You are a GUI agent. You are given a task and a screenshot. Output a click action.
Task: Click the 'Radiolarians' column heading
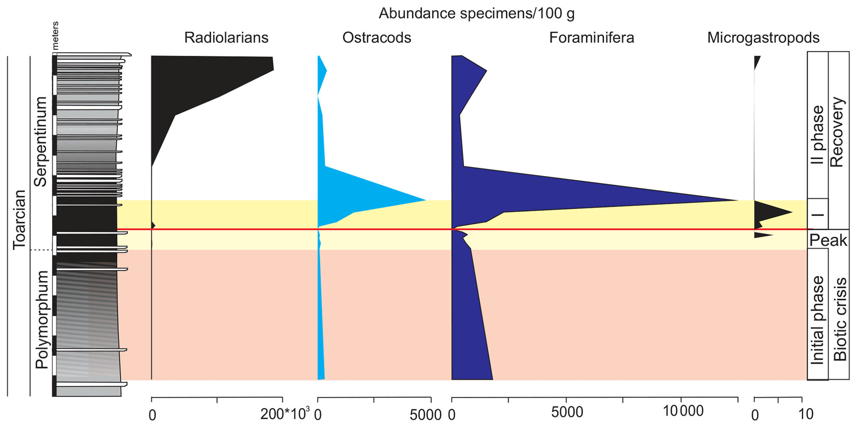click(226, 38)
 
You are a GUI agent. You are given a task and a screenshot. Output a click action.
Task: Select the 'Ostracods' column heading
click(376, 38)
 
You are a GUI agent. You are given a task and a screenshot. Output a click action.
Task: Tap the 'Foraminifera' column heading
click(592, 38)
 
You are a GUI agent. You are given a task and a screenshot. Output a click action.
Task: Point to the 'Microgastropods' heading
click(763, 38)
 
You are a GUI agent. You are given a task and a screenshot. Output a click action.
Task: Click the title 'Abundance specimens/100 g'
click(476, 14)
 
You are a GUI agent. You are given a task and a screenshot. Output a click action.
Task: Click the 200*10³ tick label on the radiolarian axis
click(285, 414)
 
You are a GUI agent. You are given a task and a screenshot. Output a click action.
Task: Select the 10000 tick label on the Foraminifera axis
click(683, 411)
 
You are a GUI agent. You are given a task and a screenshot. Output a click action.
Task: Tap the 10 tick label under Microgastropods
click(806, 414)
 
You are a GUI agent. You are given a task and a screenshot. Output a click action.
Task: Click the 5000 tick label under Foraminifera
click(567, 412)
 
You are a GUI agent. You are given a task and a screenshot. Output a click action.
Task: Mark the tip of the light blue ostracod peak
click(426, 201)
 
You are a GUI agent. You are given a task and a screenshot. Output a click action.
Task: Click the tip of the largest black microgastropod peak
click(792, 213)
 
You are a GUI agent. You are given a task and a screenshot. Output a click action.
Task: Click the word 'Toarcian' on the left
click(19, 220)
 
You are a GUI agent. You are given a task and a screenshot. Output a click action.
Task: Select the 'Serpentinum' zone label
click(41, 142)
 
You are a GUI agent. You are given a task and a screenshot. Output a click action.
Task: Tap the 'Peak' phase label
click(828, 240)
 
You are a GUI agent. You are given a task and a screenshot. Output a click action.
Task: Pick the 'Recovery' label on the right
click(838, 132)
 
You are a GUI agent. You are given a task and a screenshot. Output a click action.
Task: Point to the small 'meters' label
click(56, 36)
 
